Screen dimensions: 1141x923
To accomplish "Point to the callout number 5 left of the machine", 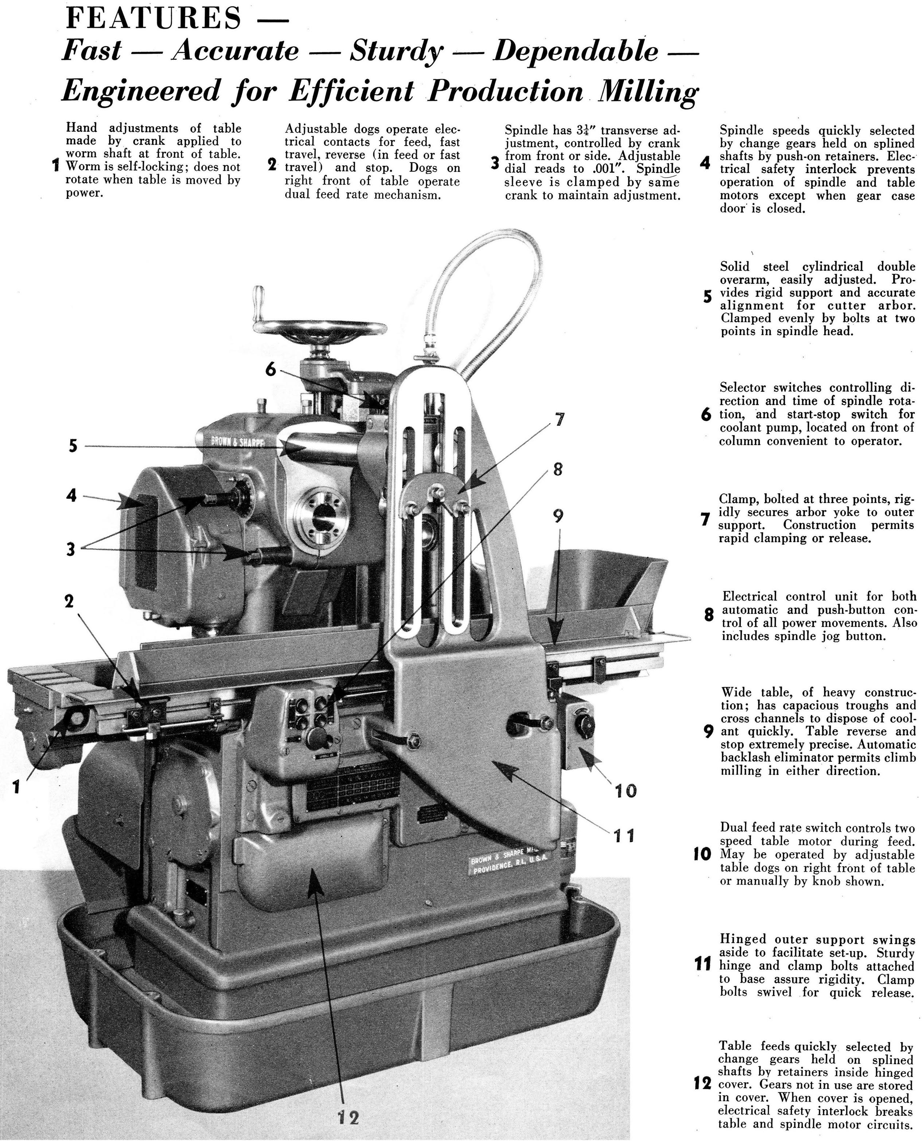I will (73, 445).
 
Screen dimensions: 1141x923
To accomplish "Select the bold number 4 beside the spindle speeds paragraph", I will (705, 163).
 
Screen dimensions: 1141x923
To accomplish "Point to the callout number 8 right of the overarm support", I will (557, 469).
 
